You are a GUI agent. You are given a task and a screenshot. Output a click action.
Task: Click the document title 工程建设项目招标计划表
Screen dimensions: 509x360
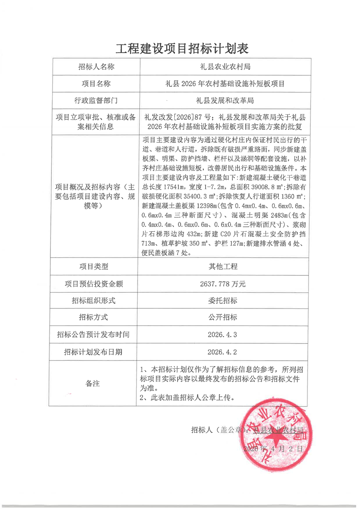(x=180, y=49)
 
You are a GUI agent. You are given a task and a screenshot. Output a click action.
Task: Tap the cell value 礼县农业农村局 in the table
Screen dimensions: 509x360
(x=225, y=67)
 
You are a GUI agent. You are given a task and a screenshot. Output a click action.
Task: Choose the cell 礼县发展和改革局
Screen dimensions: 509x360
(x=225, y=100)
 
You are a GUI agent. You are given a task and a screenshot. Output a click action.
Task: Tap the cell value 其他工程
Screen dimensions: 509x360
(x=225, y=266)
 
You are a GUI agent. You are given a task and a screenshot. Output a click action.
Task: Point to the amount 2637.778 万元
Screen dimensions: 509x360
(x=225, y=284)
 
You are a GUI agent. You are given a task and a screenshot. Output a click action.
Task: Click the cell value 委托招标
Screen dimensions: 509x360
(x=225, y=300)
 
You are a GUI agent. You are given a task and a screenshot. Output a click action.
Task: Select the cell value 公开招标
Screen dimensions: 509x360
(x=225, y=317)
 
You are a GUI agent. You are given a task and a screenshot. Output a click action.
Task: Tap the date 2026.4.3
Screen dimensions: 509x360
(x=225, y=334)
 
